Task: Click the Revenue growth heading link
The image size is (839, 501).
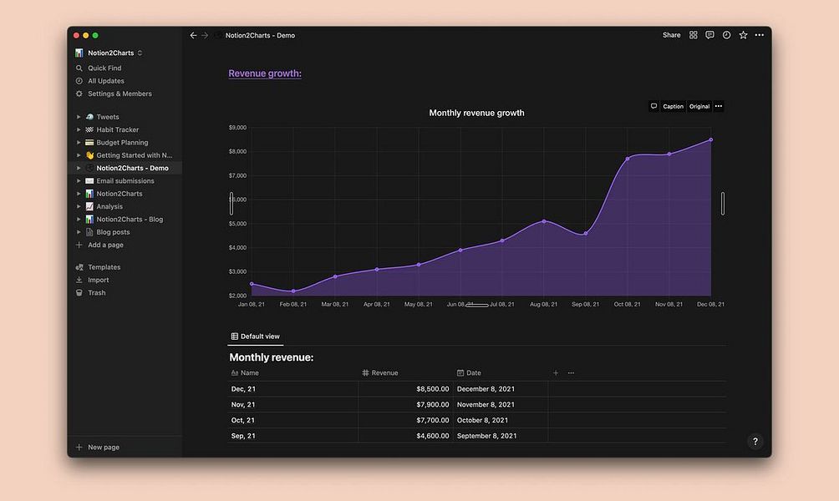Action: pos(264,73)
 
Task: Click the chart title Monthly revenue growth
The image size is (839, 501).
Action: pos(476,113)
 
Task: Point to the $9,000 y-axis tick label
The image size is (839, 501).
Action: pos(237,128)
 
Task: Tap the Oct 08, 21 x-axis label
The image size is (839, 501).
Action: pos(627,305)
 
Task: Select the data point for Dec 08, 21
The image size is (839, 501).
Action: pos(711,139)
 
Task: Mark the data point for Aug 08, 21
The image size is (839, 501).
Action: pos(544,221)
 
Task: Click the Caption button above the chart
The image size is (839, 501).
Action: pos(673,106)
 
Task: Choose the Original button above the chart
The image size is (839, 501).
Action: pos(699,106)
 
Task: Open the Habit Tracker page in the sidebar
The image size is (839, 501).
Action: pos(117,129)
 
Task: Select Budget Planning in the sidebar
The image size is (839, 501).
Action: pos(121,143)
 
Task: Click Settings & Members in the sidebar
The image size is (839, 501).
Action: pos(119,94)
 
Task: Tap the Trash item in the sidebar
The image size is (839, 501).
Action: pos(97,293)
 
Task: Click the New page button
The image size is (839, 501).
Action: pos(103,448)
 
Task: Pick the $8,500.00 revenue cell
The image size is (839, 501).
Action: pos(432,389)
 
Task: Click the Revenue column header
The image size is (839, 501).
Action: pos(384,373)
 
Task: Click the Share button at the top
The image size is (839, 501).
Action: pos(671,35)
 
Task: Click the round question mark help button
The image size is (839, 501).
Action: pos(755,442)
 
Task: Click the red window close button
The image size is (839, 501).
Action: pos(76,35)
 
